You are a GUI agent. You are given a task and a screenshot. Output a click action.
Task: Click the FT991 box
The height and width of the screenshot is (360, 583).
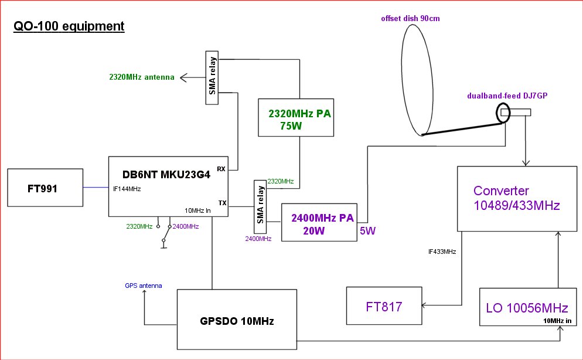click(45, 188)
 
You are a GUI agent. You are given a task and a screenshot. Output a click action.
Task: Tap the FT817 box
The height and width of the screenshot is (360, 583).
click(384, 305)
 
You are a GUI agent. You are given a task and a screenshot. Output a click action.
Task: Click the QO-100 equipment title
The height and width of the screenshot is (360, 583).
click(69, 26)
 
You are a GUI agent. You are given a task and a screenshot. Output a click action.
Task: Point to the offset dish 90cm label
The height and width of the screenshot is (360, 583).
click(410, 19)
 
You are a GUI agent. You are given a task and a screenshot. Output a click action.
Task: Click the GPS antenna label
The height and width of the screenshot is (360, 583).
click(143, 286)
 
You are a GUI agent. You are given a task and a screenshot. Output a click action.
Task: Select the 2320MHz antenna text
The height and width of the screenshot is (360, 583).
click(142, 76)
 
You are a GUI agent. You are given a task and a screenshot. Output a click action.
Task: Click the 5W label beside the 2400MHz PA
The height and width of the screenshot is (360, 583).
click(367, 231)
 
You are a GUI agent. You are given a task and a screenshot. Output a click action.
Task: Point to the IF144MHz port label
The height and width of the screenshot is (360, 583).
click(126, 189)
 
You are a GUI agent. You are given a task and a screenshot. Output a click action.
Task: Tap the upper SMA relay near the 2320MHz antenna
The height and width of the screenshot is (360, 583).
click(212, 78)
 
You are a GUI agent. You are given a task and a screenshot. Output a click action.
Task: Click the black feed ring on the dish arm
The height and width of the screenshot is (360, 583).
click(503, 113)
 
